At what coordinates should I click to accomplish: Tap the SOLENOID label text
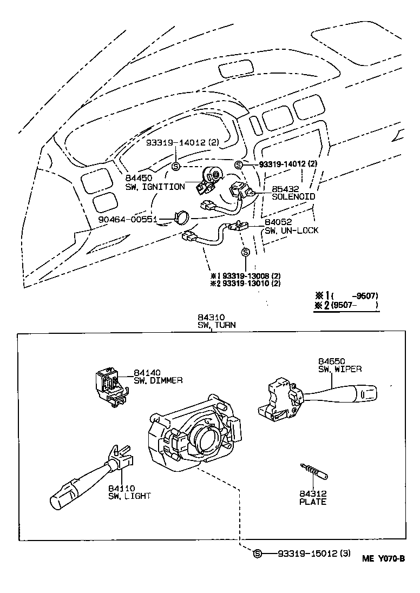294,197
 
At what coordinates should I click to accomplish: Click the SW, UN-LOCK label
291,230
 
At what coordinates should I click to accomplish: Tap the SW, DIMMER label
158,380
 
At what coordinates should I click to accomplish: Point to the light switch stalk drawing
87,476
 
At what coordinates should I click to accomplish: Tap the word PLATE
313,502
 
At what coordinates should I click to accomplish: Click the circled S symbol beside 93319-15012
258,554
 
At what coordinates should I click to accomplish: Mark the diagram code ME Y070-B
383,559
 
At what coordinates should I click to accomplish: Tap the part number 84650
331,361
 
